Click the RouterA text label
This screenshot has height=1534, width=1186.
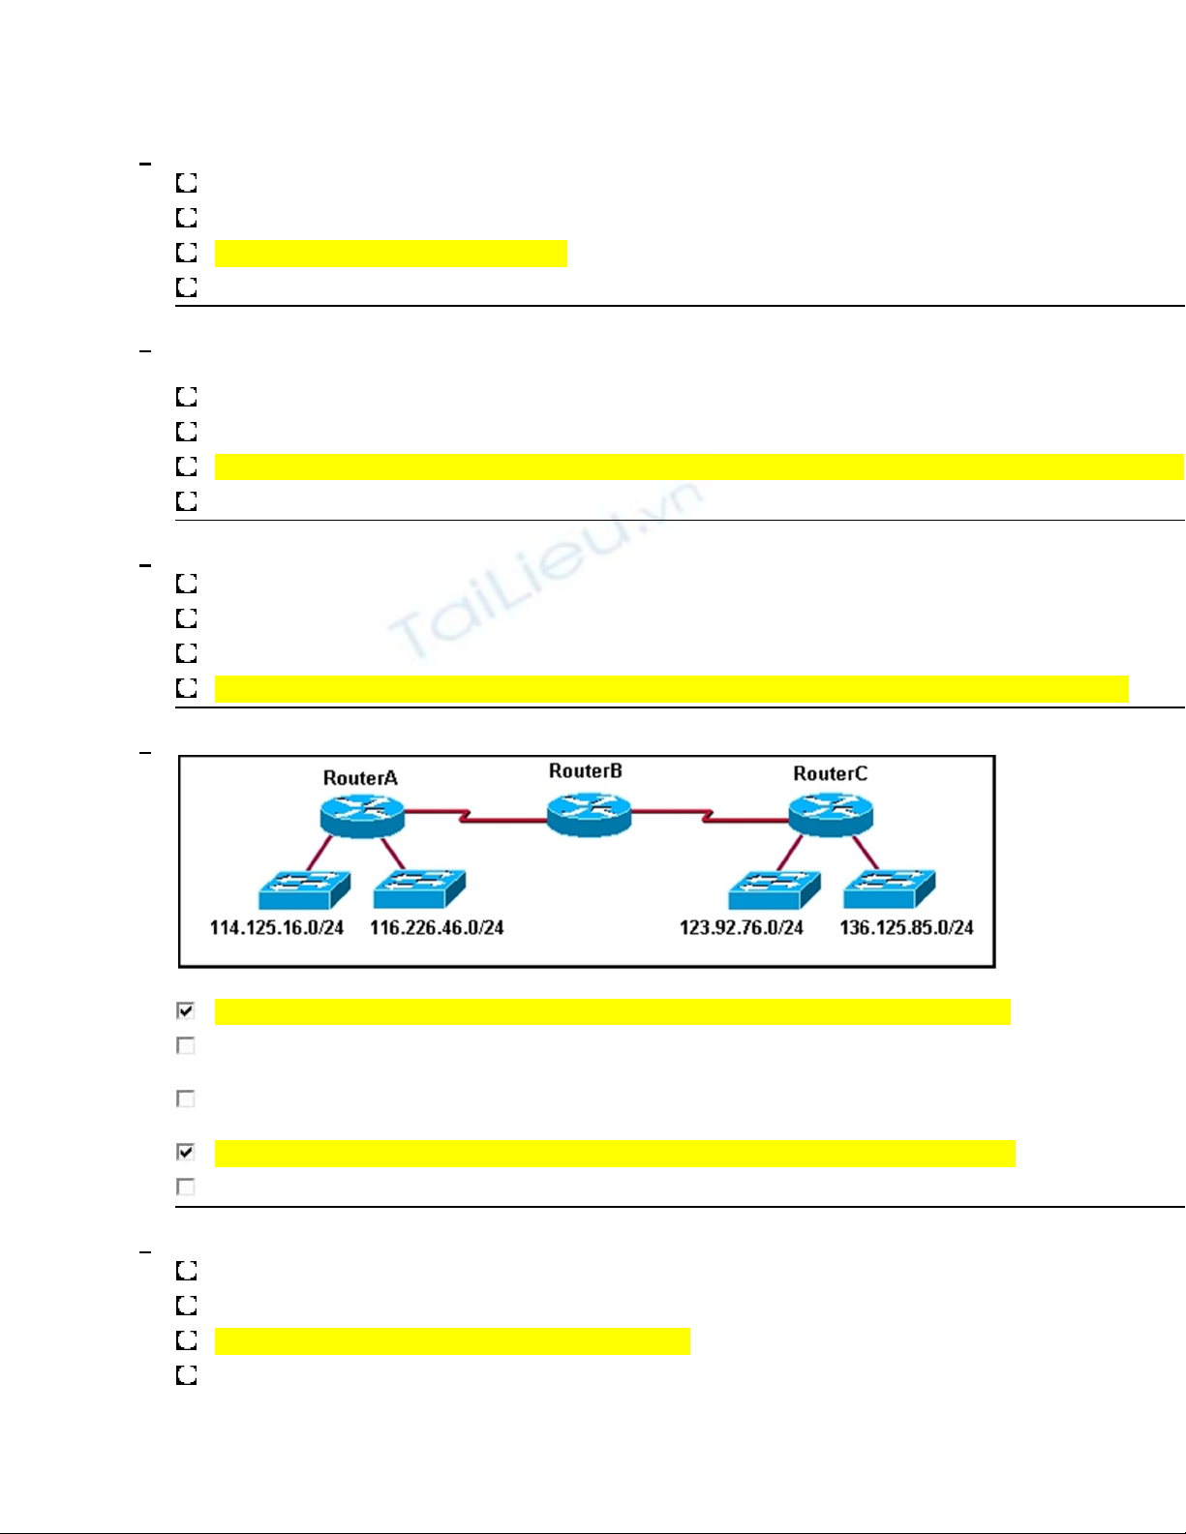point(360,778)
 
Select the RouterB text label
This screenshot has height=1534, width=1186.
point(585,771)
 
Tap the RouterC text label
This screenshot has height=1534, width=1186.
point(830,774)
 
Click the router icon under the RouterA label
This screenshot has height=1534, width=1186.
point(362,815)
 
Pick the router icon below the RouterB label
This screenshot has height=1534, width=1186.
point(589,814)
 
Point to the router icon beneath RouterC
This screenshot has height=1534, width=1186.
point(831,814)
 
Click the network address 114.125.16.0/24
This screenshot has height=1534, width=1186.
point(277,928)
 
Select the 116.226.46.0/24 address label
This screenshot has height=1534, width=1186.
point(437,928)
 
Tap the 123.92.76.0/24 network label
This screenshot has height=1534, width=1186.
point(742,928)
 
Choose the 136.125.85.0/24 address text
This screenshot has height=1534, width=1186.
point(906,928)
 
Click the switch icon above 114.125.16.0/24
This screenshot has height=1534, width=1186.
point(304,888)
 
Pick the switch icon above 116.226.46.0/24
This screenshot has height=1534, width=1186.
point(419,888)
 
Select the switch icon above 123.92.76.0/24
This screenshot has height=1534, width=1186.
point(775,888)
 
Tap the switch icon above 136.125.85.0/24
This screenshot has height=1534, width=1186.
point(889,888)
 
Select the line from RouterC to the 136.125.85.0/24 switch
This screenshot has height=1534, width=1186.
point(865,852)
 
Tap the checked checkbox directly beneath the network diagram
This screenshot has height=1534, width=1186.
point(186,1010)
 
